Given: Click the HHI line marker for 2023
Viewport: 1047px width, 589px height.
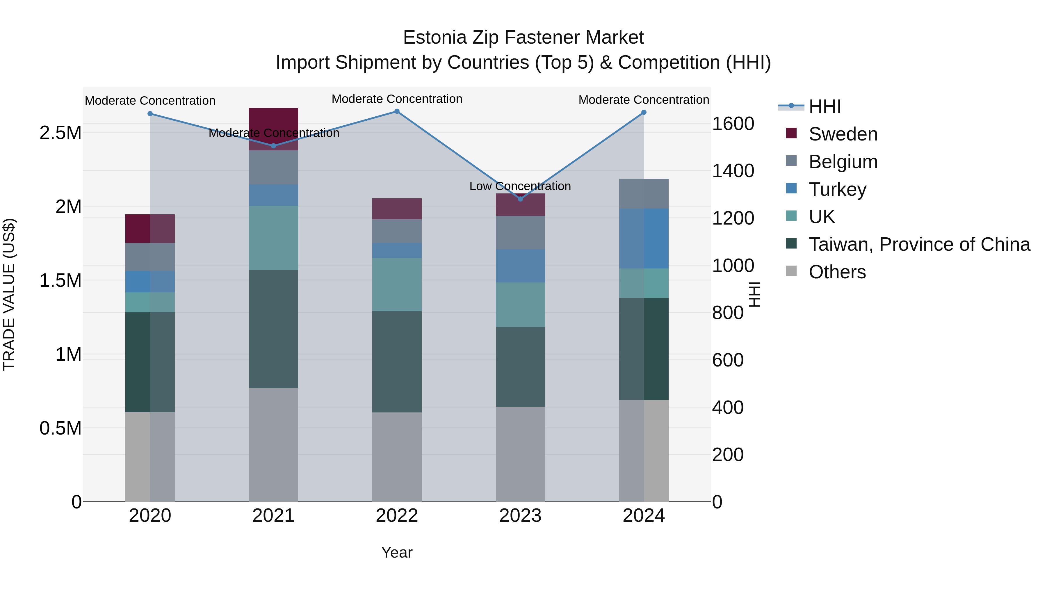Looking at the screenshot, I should click(520, 199).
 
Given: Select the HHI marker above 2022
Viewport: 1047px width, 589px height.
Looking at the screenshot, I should click(397, 111).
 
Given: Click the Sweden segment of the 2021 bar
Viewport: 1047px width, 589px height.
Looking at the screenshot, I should click(274, 122).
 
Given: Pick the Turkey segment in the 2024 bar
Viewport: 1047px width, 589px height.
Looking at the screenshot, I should click(644, 239).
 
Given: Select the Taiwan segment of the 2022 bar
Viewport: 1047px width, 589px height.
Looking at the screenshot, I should click(397, 362).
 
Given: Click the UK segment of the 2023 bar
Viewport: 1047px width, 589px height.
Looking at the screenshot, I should click(520, 305).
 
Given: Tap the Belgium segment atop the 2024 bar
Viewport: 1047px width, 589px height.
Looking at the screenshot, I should click(644, 194).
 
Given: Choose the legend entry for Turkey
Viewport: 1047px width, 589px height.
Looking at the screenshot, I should click(837, 189).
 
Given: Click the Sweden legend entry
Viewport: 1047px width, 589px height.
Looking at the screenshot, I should click(843, 134).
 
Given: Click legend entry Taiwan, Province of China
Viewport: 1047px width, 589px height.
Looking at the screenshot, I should click(919, 244).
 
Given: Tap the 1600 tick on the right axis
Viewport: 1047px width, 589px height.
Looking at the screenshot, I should click(733, 124).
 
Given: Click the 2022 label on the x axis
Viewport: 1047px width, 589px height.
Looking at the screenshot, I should click(397, 516).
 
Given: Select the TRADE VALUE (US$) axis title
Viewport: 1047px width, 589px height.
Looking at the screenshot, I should click(9, 294).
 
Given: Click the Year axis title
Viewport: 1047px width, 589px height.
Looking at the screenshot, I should click(397, 552).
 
